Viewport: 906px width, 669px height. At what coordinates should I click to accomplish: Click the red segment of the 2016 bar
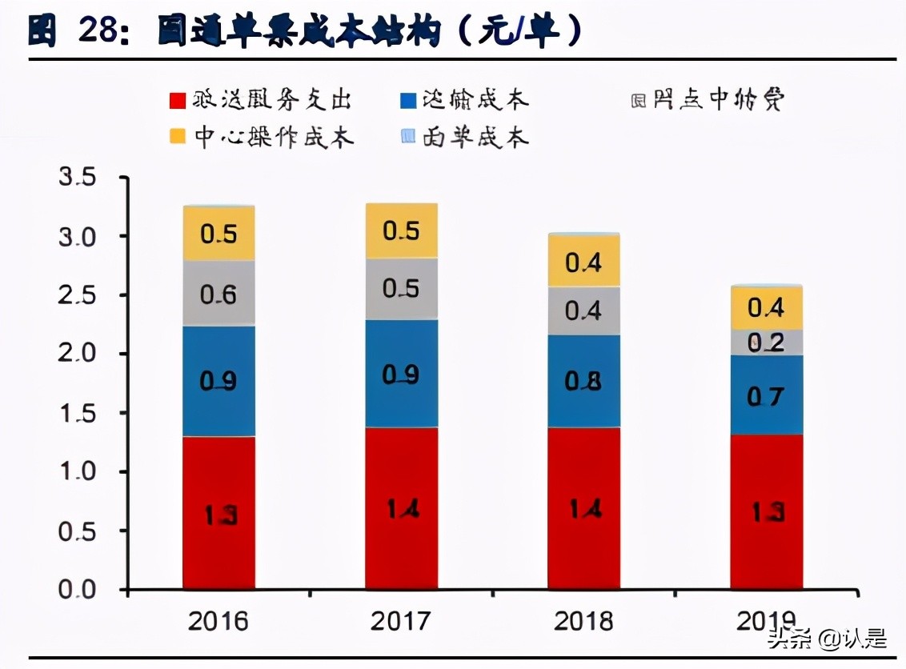(x=218, y=512)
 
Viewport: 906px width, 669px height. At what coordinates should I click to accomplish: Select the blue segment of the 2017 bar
(x=401, y=374)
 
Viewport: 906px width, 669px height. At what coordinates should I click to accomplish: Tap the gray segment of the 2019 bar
(x=766, y=343)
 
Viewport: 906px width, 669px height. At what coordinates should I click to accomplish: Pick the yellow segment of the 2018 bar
(x=583, y=261)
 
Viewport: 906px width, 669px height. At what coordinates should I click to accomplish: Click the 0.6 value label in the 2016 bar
(x=218, y=294)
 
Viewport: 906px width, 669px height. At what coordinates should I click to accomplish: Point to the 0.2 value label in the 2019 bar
(x=766, y=343)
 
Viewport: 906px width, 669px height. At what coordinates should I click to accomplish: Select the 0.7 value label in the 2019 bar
(x=766, y=395)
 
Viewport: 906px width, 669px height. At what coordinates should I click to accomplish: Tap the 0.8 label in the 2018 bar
(x=583, y=381)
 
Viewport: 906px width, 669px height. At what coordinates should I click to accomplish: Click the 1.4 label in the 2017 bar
(x=401, y=509)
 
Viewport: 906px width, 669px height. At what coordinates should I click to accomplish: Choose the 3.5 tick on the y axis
(x=78, y=178)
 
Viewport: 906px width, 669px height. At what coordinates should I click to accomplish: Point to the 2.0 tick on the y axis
(x=78, y=355)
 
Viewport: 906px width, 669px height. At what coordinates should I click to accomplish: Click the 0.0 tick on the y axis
(x=78, y=591)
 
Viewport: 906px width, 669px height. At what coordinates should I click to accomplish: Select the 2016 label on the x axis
(x=218, y=621)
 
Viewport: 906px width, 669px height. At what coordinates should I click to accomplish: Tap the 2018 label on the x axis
(x=583, y=621)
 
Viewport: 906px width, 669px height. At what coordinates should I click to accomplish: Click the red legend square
(x=177, y=101)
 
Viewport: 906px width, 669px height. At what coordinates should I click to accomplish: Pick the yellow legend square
(x=177, y=137)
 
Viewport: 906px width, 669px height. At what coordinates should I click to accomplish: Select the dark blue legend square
(x=408, y=101)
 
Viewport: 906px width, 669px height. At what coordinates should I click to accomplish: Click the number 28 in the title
(x=98, y=32)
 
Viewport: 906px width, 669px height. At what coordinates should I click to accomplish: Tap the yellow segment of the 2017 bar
(x=401, y=230)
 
